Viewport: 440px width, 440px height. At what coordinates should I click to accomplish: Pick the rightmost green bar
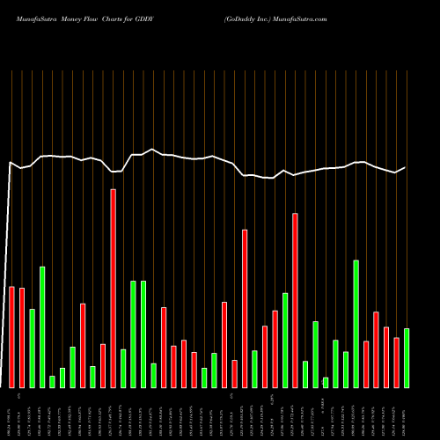coord(407,358)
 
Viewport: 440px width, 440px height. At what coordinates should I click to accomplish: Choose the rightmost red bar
coord(396,363)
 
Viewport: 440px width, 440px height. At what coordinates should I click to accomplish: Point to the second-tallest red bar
coord(296,300)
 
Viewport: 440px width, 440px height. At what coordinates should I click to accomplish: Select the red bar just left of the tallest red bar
coord(103,365)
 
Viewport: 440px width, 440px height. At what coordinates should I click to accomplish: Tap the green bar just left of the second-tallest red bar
coord(285,340)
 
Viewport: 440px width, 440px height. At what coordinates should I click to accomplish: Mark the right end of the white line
coord(406,167)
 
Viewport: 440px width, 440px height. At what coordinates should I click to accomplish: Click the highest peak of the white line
coord(153,150)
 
